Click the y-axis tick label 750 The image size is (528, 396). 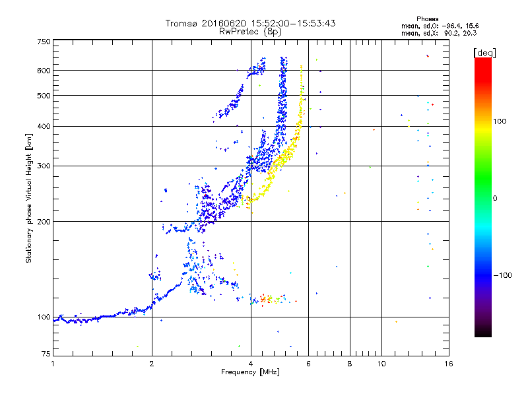(x=44, y=42)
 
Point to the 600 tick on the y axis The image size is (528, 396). (x=44, y=71)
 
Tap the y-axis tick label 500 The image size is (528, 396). (x=44, y=96)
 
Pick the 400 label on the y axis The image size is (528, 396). (x=44, y=126)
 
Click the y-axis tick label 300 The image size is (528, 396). (x=44, y=166)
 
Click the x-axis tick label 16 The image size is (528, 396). (x=448, y=364)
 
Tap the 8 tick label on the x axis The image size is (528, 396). (x=350, y=364)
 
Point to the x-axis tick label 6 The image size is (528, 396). (x=309, y=364)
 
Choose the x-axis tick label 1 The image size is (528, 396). (x=53, y=364)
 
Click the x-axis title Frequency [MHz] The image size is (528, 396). (x=250, y=372)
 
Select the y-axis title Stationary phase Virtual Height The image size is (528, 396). (x=29, y=198)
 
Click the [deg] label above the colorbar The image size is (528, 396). (x=484, y=52)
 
